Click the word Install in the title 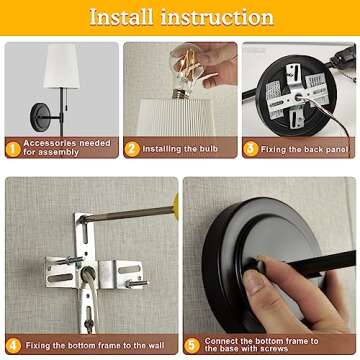click(x=121, y=17)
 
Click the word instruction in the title click(x=217, y=17)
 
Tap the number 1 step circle click(x=13, y=149)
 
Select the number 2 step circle click(x=132, y=149)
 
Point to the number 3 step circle click(x=251, y=149)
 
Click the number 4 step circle click(x=13, y=345)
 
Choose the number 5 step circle click(x=192, y=345)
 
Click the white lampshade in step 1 click(x=62, y=66)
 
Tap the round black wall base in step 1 click(x=41, y=117)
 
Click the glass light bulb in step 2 click(x=186, y=71)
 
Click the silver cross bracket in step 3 click(x=297, y=96)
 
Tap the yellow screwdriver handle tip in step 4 click(x=176, y=206)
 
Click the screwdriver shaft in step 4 click(x=127, y=214)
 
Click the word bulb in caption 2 click(x=209, y=149)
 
